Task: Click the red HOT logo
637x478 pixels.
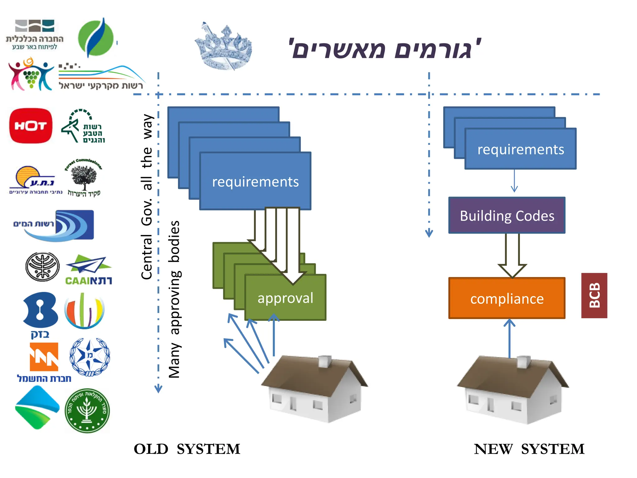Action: click(30, 126)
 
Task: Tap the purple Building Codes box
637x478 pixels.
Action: click(507, 216)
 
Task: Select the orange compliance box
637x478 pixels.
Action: click(507, 298)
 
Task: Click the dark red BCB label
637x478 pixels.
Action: click(594, 295)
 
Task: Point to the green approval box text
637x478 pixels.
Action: click(285, 298)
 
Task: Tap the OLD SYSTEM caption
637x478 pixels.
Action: click(187, 449)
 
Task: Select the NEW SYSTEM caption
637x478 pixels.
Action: click(529, 449)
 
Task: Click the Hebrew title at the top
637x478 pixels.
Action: click(385, 49)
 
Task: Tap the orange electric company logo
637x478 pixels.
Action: click(44, 357)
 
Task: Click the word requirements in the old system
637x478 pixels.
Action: click(255, 182)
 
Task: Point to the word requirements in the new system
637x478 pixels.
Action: click(520, 150)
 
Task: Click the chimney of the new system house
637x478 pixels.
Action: click(524, 362)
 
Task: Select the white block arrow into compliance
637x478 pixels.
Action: click(512, 255)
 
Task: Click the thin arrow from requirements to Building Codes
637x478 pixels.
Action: click(514, 181)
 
